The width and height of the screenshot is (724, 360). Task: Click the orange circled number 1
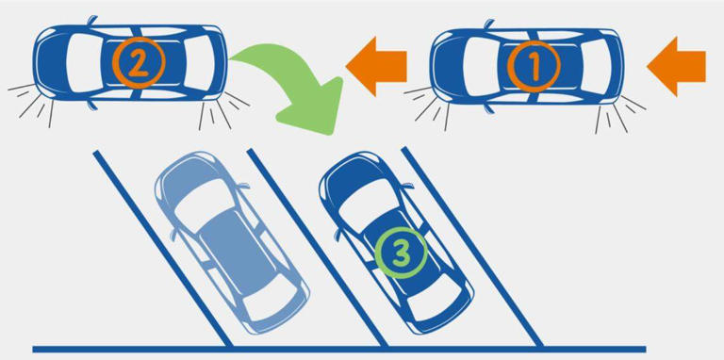[534, 66]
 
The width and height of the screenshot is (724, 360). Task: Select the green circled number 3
[401, 252]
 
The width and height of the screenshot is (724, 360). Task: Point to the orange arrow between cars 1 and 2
[376, 66]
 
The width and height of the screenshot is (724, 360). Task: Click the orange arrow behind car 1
[677, 66]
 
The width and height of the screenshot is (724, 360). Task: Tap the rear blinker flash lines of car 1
[618, 112]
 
